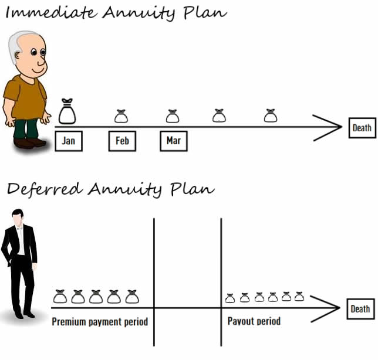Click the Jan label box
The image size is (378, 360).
[x=69, y=141]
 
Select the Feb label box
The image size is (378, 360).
[x=122, y=141]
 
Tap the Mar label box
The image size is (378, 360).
[x=174, y=141]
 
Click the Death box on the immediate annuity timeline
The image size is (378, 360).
[x=362, y=128]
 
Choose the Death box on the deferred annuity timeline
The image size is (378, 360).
[x=360, y=309]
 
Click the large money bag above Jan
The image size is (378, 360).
[x=67, y=111]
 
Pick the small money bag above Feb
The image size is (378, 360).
[x=121, y=116]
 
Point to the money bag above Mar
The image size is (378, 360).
[x=173, y=116]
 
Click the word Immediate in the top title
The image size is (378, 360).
[x=50, y=12]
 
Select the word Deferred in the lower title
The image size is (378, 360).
[x=45, y=189]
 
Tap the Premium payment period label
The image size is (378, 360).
[x=100, y=322]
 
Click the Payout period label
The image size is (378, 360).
[x=254, y=321]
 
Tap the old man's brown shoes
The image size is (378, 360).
[x=29, y=143]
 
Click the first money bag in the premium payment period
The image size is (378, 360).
[x=60, y=297]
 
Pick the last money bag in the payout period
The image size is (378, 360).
[x=299, y=297]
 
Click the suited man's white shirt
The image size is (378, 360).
[x=21, y=241]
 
